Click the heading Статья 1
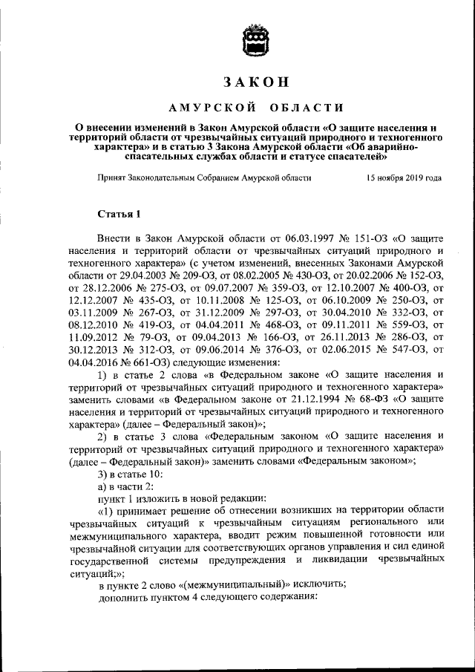[119, 215]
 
